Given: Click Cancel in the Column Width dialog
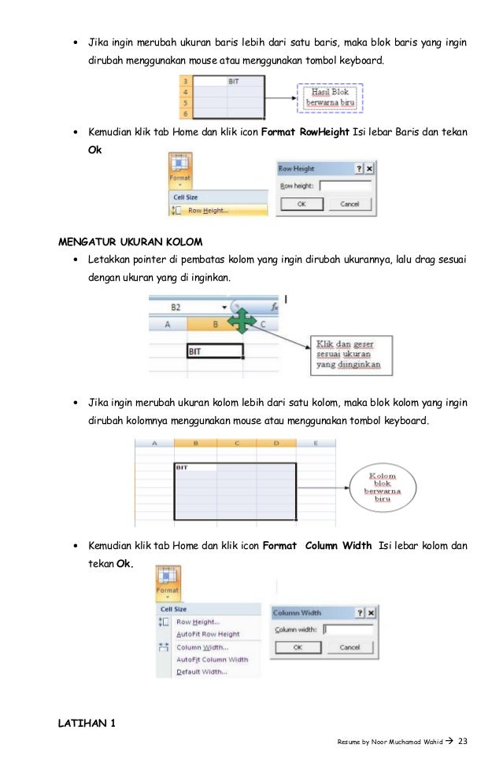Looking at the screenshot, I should point(349,647).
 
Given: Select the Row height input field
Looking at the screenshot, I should point(345,186).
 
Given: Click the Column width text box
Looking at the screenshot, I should point(349,629).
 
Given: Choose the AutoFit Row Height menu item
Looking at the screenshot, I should point(208,634).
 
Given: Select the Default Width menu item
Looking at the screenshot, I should point(202,672).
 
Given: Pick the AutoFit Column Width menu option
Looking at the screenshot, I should point(212,659).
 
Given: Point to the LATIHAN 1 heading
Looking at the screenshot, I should point(87,724).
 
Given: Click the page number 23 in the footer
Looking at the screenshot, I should point(462,742).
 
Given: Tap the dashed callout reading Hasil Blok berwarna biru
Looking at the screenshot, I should point(330,98).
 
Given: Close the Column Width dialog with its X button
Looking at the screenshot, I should point(371,612).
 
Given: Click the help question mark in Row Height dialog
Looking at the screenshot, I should point(358,168).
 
